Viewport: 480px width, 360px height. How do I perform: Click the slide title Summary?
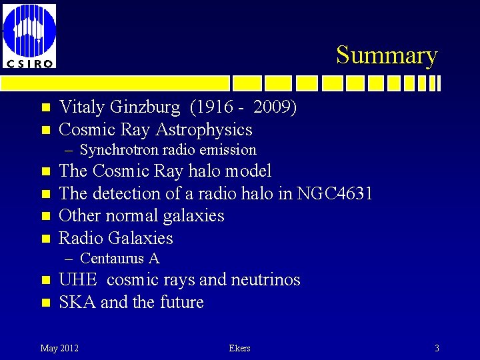(x=386, y=55)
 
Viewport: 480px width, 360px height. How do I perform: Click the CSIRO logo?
(x=29, y=34)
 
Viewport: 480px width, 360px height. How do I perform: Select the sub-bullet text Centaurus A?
(x=119, y=259)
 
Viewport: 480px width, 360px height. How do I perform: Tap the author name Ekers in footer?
(x=239, y=348)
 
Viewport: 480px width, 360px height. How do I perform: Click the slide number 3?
(x=437, y=348)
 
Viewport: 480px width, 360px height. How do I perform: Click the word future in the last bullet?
(x=181, y=302)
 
